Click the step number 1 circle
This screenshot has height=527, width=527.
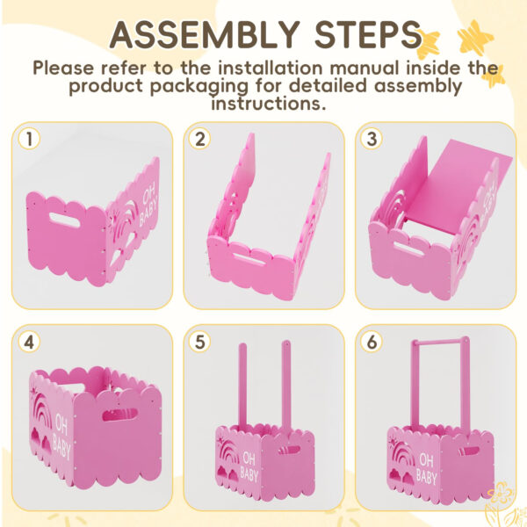[29, 139]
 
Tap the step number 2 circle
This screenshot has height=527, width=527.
[200, 139]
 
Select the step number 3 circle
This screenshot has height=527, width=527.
[372, 139]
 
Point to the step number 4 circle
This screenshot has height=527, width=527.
[29, 342]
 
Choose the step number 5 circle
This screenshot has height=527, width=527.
[200, 342]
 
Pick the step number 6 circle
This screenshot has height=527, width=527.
[372, 342]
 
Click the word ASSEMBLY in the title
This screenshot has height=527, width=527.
[205, 34]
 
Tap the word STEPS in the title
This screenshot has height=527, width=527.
[368, 34]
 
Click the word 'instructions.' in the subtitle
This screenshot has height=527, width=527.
[269, 104]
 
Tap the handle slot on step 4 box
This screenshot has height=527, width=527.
[120, 415]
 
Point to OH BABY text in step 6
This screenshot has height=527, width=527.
[427, 468]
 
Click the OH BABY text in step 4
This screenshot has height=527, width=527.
[61, 436]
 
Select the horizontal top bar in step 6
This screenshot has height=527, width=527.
[440, 344]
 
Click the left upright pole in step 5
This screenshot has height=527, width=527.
[242, 386]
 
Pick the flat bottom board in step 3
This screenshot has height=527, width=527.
[454, 188]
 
